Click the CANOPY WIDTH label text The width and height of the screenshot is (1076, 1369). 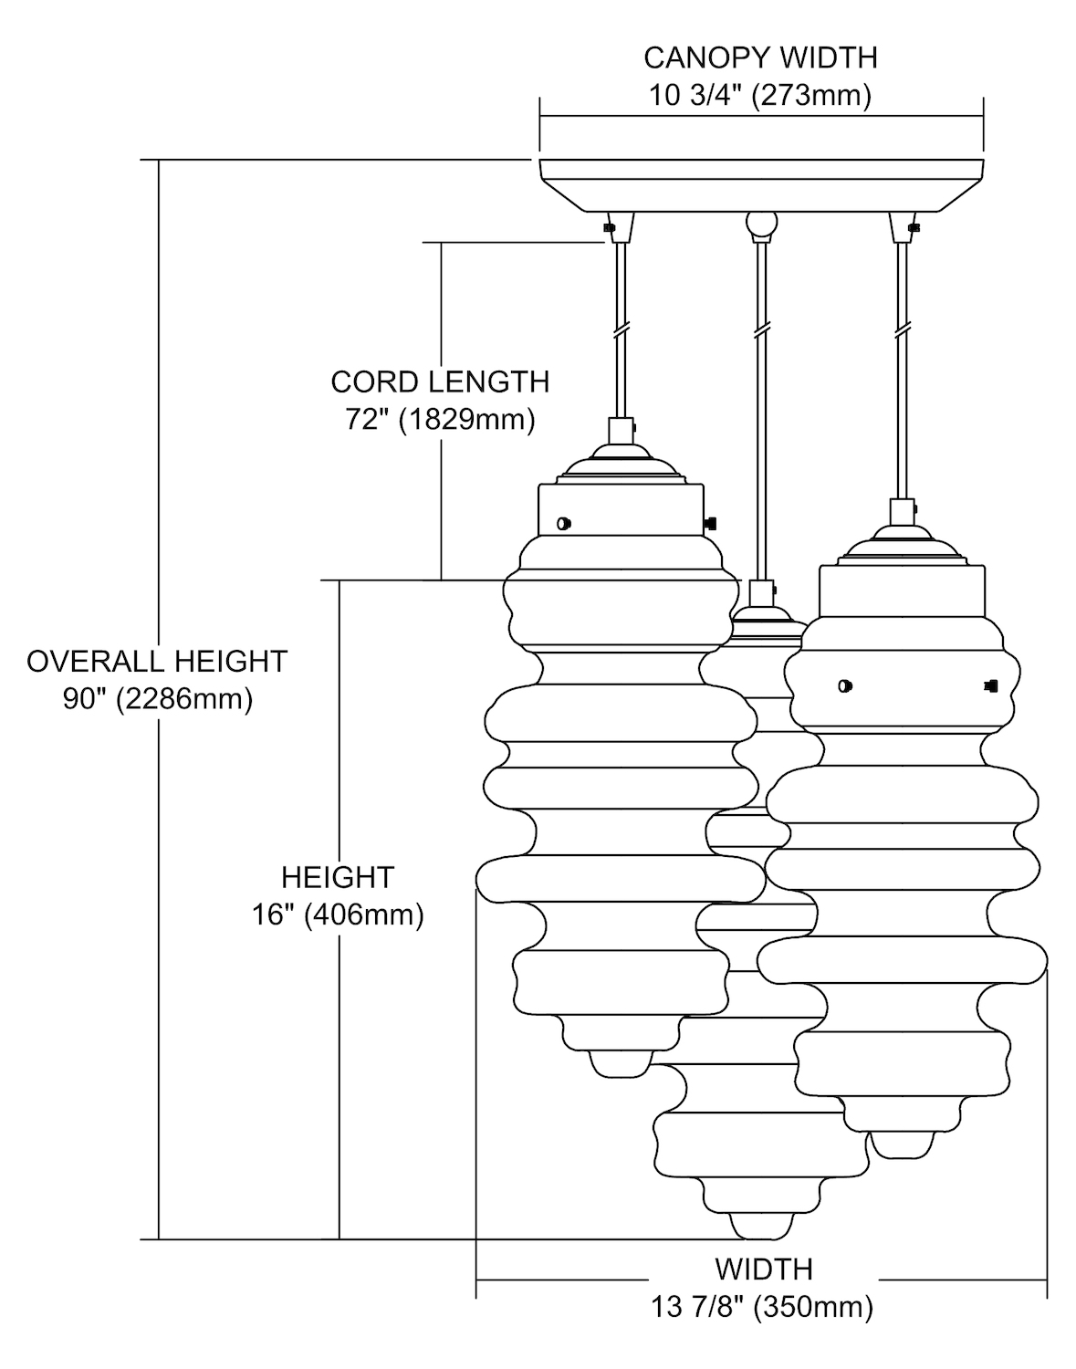[x=760, y=57]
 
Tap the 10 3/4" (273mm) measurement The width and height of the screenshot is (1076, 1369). [x=760, y=95]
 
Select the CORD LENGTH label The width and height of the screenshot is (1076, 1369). [x=440, y=381]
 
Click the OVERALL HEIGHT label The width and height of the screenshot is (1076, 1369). [x=157, y=661]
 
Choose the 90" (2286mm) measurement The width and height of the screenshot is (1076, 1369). [x=157, y=699]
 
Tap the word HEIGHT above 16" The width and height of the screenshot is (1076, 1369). [x=337, y=877]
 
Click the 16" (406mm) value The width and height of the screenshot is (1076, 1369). [x=338, y=914]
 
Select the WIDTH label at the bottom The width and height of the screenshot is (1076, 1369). [x=763, y=1269]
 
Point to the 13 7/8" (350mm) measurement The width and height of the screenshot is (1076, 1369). [x=762, y=1307]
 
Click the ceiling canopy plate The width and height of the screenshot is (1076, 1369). [x=760, y=183]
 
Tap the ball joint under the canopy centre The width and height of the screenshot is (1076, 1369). [x=759, y=224]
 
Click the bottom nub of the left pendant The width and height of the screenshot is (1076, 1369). [x=621, y=1063]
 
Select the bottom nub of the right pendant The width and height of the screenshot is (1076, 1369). [x=902, y=1144]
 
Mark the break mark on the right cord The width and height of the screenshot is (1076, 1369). [x=903, y=328]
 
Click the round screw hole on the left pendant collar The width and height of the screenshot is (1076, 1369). [x=563, y=523]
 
